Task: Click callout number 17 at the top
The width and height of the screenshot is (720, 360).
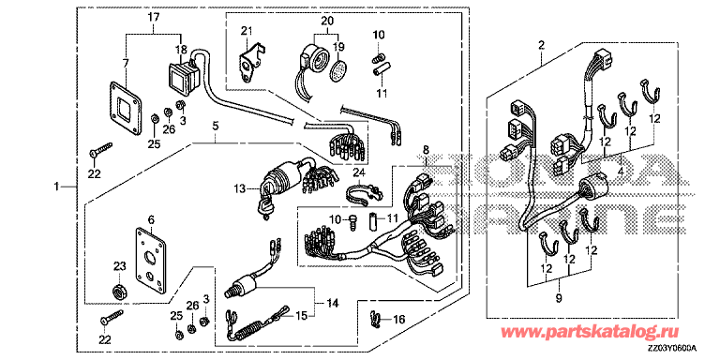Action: (154, 19)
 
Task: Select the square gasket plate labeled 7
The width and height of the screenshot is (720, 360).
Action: (125, 109)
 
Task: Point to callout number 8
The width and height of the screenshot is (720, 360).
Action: (426, 149)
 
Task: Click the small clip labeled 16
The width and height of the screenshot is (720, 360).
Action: (375, 319)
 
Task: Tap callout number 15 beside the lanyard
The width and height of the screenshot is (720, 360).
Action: (300, 316)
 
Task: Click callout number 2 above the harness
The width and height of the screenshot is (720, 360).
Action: (541, 45)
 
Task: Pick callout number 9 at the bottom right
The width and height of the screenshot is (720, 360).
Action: (559, 298)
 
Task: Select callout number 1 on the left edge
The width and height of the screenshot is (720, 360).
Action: (56, 186)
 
